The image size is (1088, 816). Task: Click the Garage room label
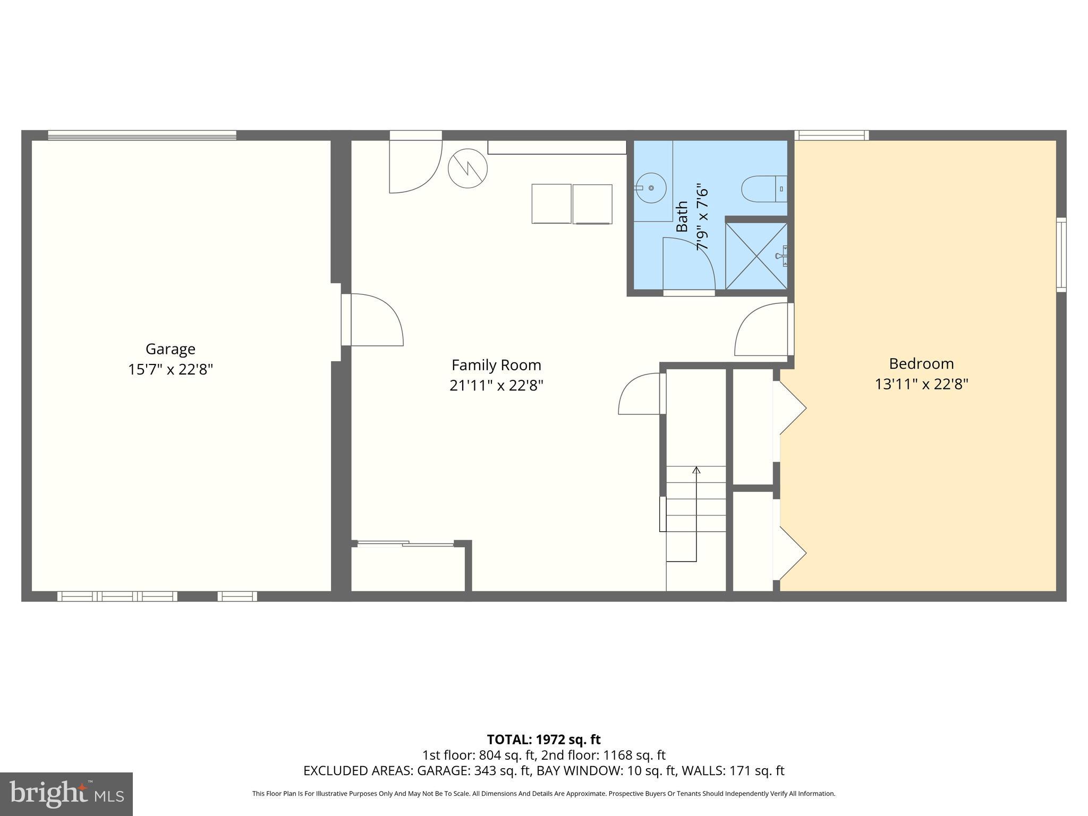pyautogui.click(x=171, y=349)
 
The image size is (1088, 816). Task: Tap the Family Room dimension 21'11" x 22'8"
pyautogui.click(x=496, y=385)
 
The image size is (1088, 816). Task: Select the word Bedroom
pyautogui.click(x=921, y=364)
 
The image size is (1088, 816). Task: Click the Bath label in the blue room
pyautogui.click(x=682, y=216)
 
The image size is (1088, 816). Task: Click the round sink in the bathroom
pyautogui.click(x=651, y=188)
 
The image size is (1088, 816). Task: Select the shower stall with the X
pyautogui.click(x=756, y=256)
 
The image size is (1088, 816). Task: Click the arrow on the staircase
pyautogui.click(x=696, y=471)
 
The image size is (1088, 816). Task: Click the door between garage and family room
pyautogui.click(x=374, y=320)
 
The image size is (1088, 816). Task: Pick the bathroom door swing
pyautogui.click(x=689, y=264)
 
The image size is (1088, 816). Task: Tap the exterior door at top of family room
pyautogui.click(x=415, y=162)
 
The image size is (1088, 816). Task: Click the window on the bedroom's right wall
pyautogui.click(x=1060, y=254)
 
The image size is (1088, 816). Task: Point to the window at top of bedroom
pyautogui.click(x=831, y=135)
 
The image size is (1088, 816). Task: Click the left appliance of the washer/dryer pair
pyautogui.click(x=551, y=203)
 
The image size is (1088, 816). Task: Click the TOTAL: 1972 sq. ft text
pyautogui.click(x=543, y=739)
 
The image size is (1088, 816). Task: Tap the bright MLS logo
pyautogui.click(x=66, y=794)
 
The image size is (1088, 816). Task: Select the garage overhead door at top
pyautogui.click(x=142, y=135)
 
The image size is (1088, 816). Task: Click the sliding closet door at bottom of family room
pyautogui.click(x=405, y=543)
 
